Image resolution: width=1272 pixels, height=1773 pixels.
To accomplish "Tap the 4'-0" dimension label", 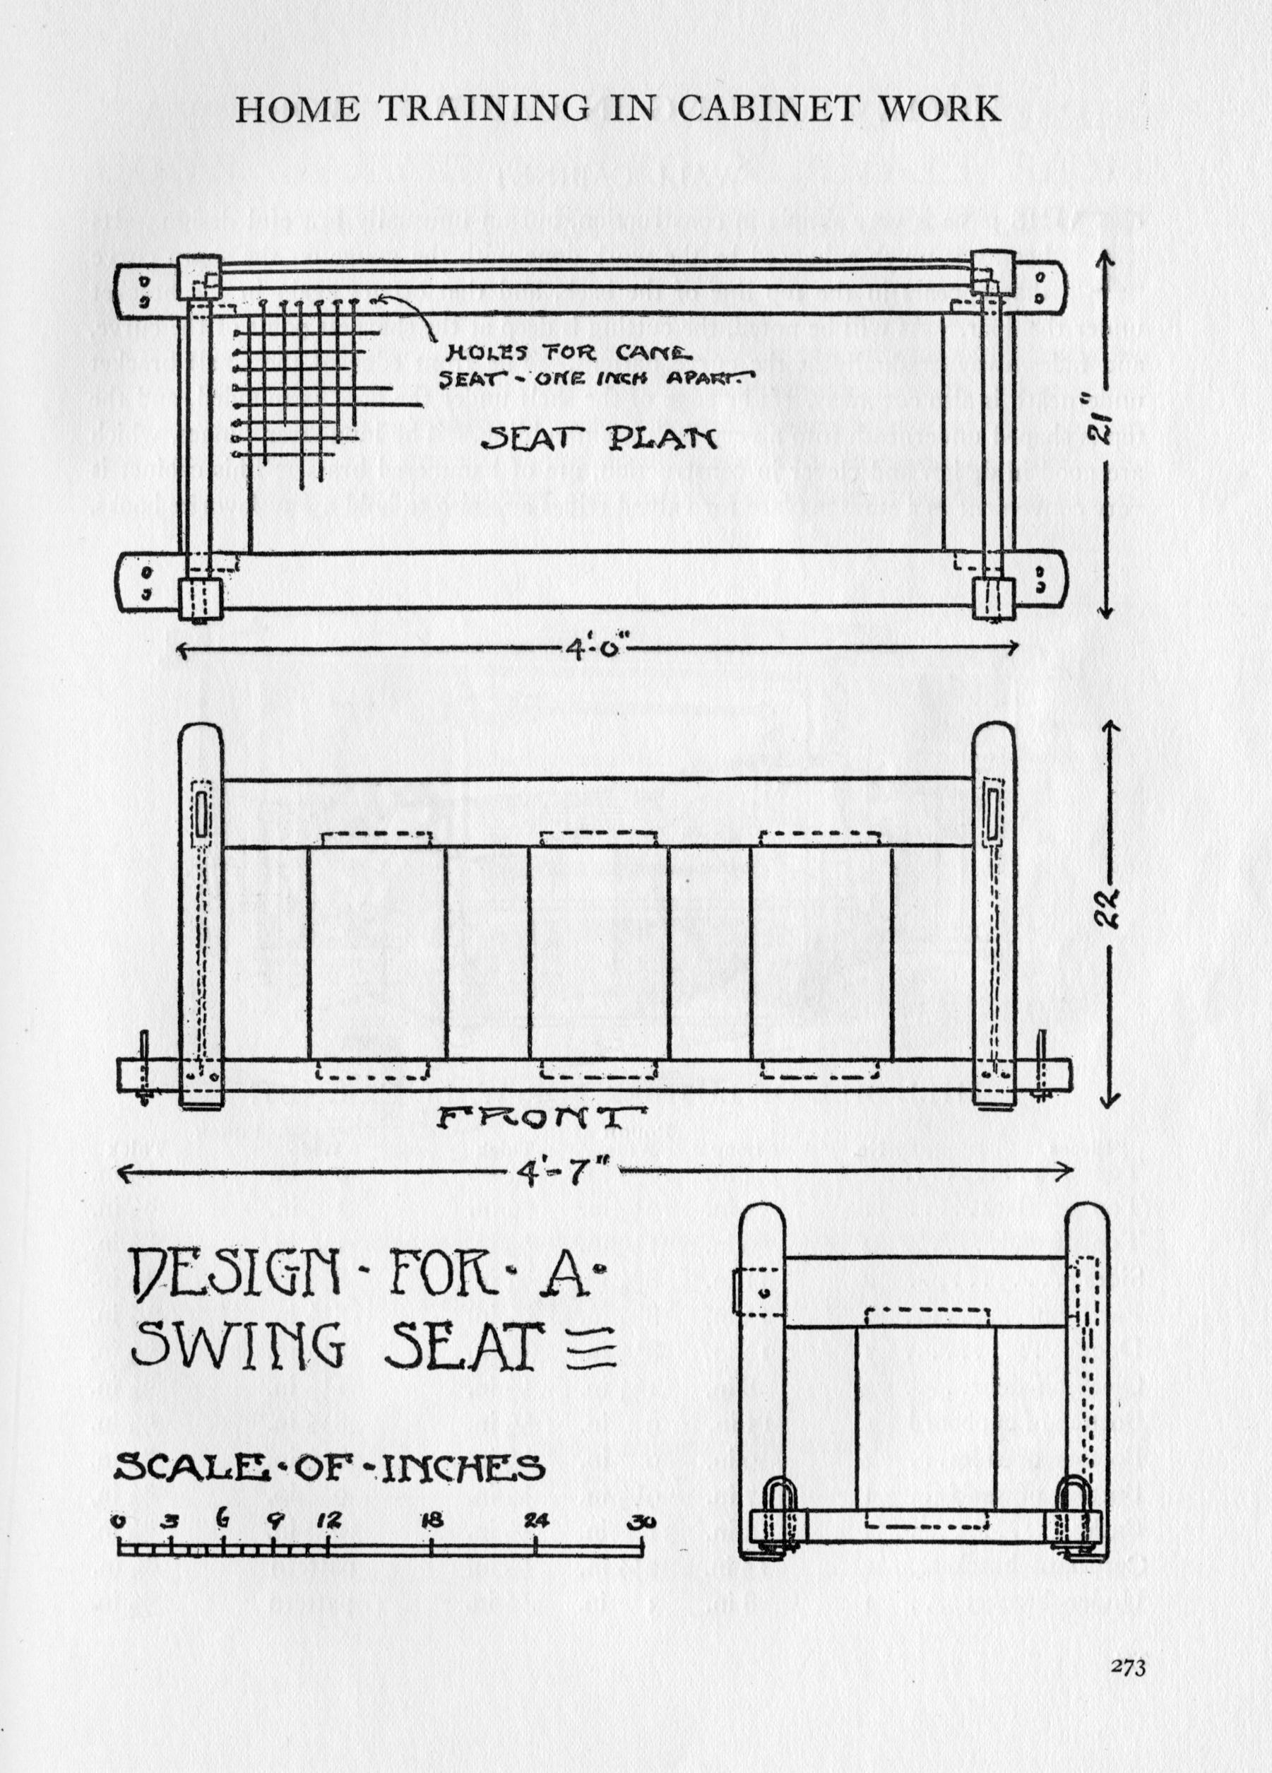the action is (x=596, y=648).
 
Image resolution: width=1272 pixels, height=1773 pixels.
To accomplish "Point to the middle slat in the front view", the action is (x=598, y=954).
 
